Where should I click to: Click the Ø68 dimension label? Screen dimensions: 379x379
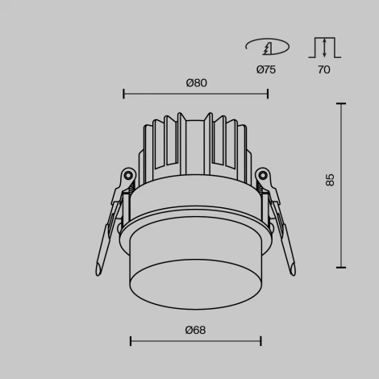[x=194, y=329]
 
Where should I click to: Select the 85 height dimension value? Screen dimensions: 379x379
[x=330, y=180]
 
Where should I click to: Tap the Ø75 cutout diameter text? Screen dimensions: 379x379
[x=266, y=70]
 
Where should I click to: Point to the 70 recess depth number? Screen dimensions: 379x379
[x=324, y=70]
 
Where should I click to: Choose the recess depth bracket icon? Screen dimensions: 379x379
[x=324, y=47]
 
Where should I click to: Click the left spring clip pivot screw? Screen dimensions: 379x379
[x=127, y=173]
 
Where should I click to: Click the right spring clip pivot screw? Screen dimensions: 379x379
[x=262, y=173]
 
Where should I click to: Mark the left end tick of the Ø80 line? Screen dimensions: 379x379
[x=123, y=94]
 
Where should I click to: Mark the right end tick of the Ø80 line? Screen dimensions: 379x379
[x=268, y=94]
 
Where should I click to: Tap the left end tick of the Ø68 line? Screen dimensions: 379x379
[x=131, y=341]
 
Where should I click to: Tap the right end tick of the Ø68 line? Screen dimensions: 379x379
[x=260, y=341]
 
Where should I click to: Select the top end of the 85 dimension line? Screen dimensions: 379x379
[x=342, y=103]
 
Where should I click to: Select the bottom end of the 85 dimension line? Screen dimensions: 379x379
[x=342, y=268]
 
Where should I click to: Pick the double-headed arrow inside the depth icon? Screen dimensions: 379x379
[x=324, y=47]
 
